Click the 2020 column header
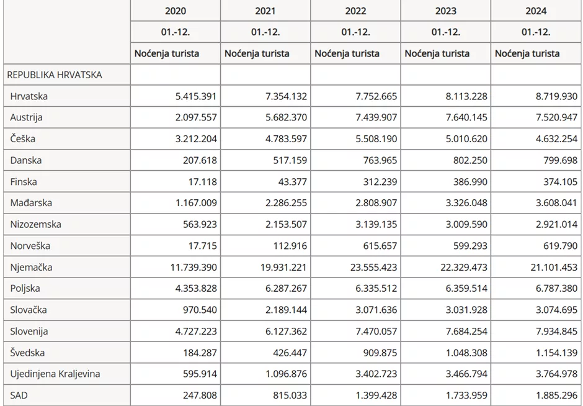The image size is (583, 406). [176, 11]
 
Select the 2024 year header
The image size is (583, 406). [536, 11]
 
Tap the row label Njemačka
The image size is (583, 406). [32, 268]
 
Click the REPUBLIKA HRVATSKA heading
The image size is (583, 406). [55, 75]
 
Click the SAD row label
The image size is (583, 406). [20, 395]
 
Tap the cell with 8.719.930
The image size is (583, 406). [552, 96]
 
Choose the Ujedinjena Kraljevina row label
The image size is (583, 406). [55, 374]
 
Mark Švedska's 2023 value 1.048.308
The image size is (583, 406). [461, 353]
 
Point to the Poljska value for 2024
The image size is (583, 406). [552, 289]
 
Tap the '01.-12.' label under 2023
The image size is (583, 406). [446, 32]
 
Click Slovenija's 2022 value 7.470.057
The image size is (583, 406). [372, 332]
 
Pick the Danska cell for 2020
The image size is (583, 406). [199, 160]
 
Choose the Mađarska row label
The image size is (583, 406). [31, 203]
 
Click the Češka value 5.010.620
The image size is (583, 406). [461, 139]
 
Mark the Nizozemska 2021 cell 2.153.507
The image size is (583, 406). [282, 225]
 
